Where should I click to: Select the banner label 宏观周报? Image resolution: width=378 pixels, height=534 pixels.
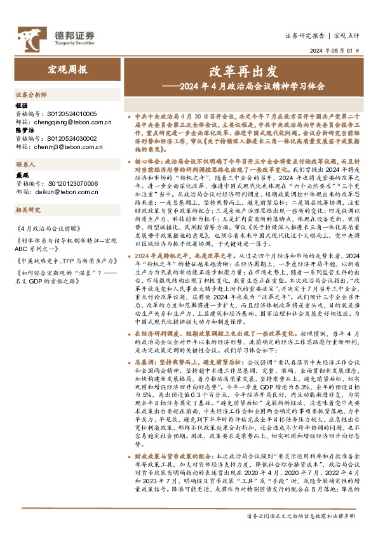[x=67, y=68]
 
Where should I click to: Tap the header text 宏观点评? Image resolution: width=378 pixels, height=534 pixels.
[x=346, y=36]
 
